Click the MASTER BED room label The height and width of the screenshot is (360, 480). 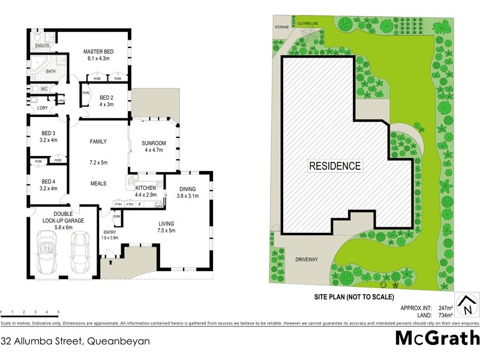click(99, 52)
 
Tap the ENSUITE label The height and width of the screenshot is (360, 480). click(42, 46)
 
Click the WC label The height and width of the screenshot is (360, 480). click(44, 89)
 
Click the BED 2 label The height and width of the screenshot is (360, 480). click(107, 97)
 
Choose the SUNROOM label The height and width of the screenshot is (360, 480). click(154, 143)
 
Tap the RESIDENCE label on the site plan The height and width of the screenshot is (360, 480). click(335, 166)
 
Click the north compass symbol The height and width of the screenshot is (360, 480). click(465, 305)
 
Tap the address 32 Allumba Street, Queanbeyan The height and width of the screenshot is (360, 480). click(76, 340)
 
